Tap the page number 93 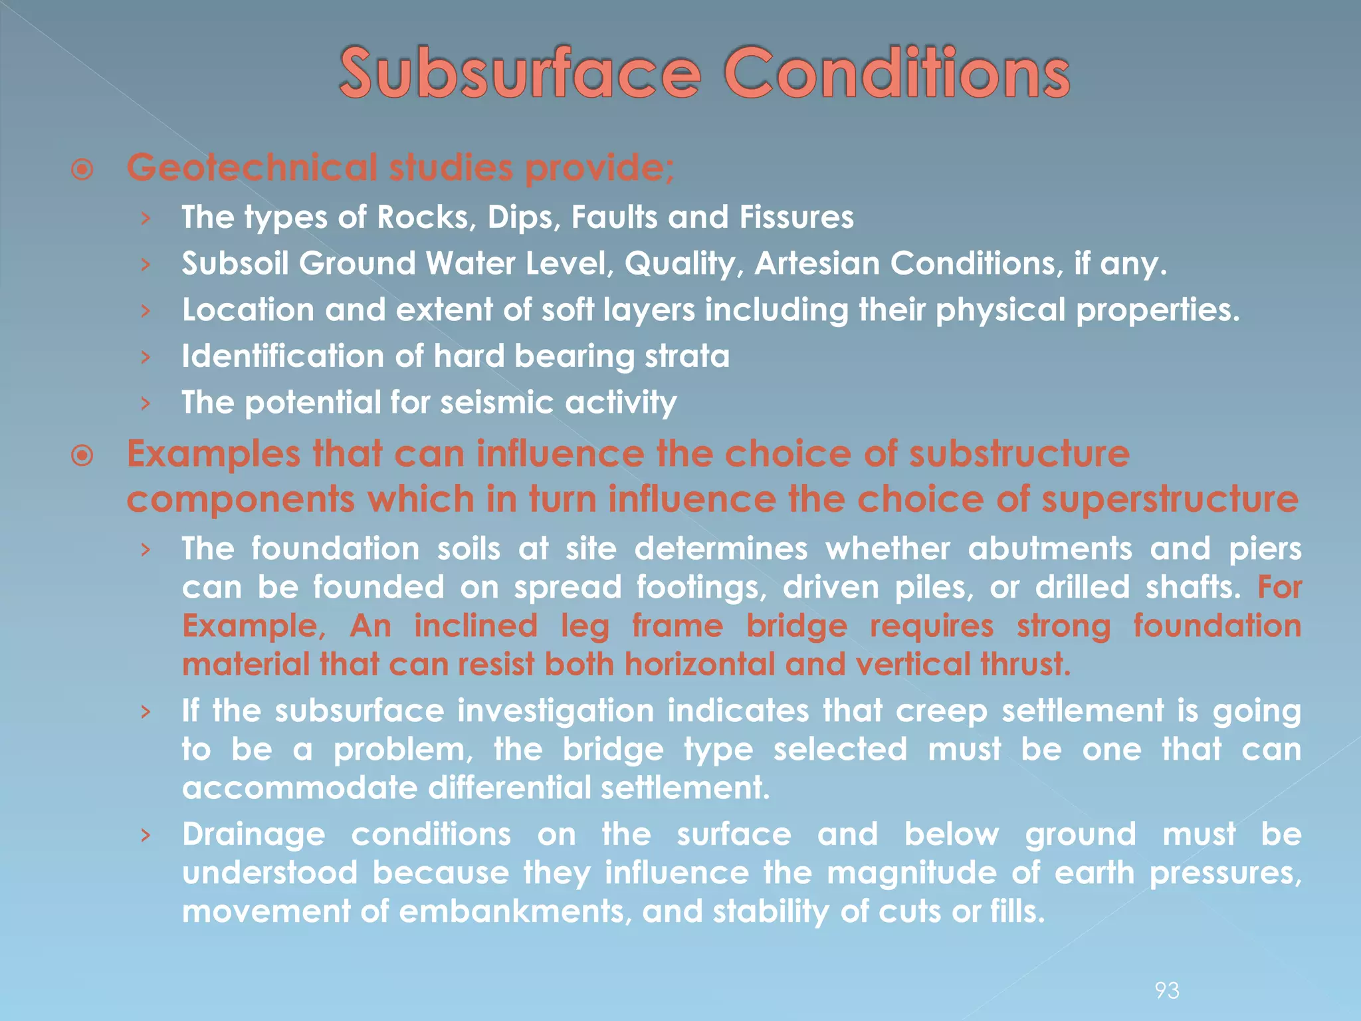pos(1167,990)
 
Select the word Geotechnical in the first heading pos(252,167)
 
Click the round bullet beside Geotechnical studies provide pos(82,170)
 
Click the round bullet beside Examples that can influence pos(82,457)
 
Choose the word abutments pos(1050,549)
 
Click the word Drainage pos(254,835)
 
